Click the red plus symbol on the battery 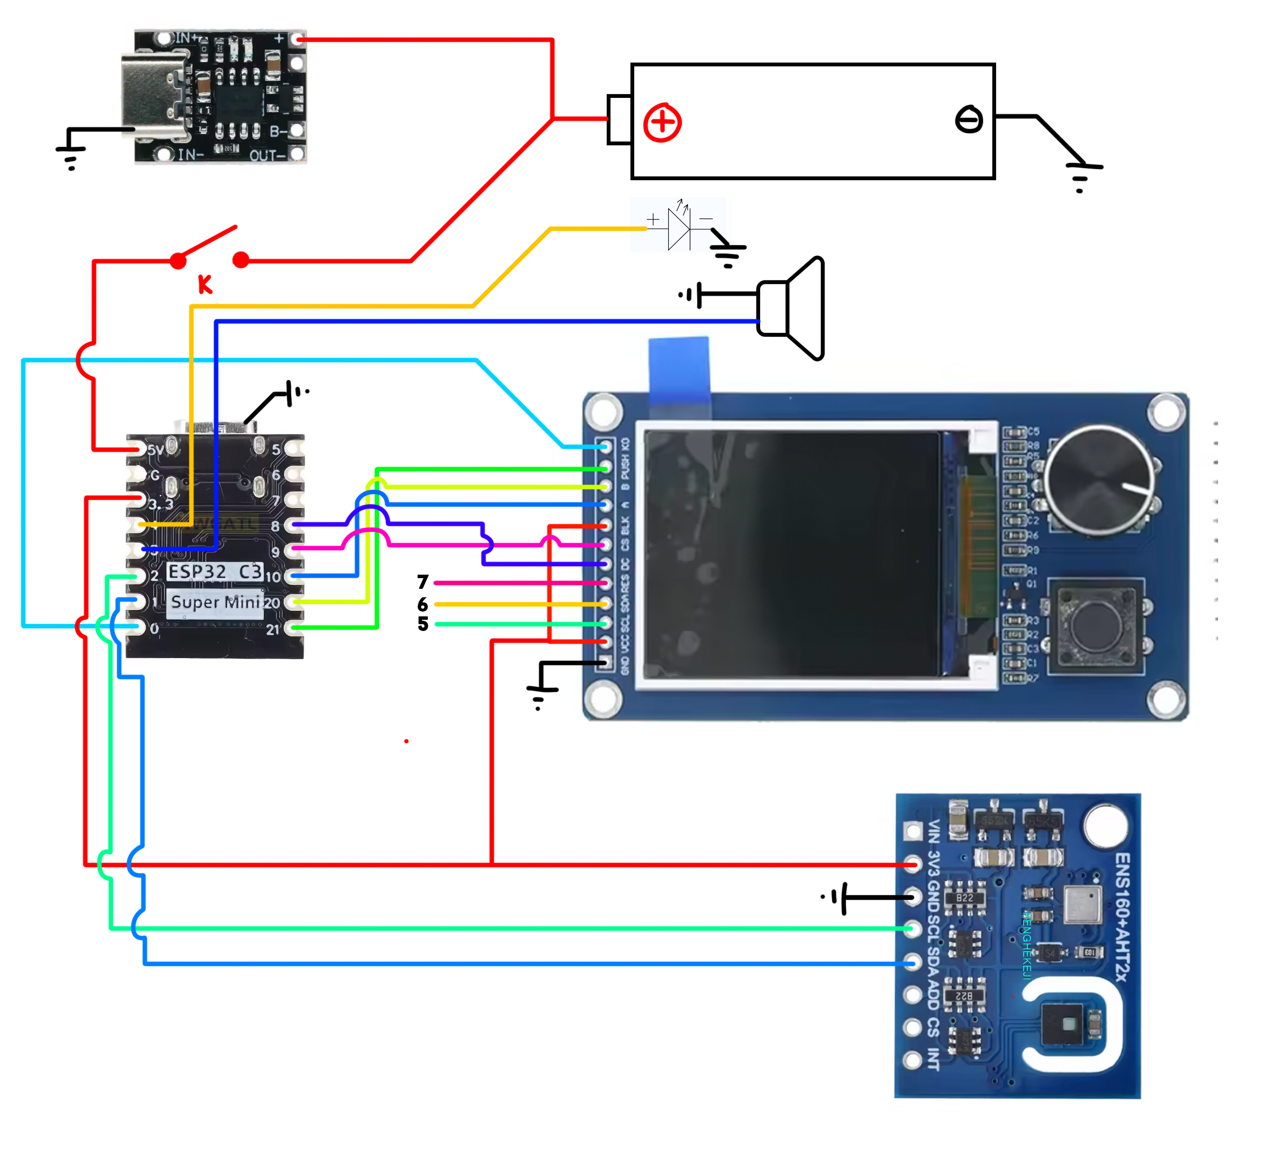pyautogui.click(x=662, y=123)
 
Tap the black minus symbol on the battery pyautogui.click(x=969, y=119)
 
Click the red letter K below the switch pyautogui.click(x=205, y=284)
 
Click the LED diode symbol pyautogui.click(x=679, y=228)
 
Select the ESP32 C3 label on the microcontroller pyautogui.click(x=215, y=572)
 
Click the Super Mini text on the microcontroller pyautogui.click(x=215, y=602)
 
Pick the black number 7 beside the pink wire pyautogui.click(x=423, y=582)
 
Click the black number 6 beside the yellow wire pyautogui.click(x=423, y=604)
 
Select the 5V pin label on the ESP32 pyautogui.click(x=155, y=450)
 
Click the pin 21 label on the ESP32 pyautogui.click(x=272, y=630)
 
